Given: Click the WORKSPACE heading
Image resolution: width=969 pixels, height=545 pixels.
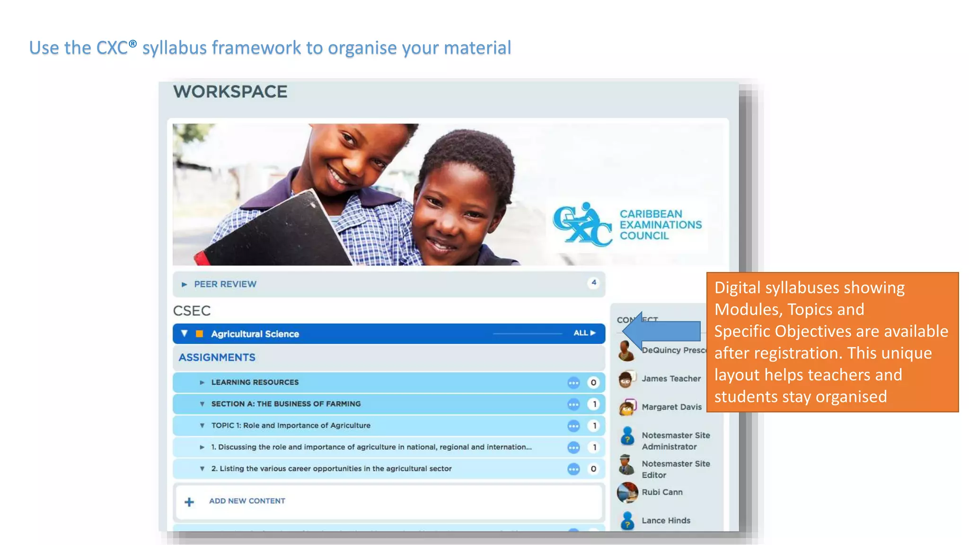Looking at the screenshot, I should tap(230, 92).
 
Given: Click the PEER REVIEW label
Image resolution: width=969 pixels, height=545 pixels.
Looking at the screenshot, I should tap(225, 284).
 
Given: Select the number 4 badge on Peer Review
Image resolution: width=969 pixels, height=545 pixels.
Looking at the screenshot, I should tap(593, 283).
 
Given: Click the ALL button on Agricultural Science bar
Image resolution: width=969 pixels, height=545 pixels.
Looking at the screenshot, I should tap(584, 333).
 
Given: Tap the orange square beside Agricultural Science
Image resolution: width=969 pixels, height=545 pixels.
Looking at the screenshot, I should tap(200, 334).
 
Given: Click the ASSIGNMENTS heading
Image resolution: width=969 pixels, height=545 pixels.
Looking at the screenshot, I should tap(217, 358).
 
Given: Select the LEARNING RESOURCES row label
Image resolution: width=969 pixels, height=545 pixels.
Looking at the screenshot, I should tap(255, 382).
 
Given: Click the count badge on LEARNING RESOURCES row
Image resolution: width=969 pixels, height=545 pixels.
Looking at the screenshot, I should tap(593, 383).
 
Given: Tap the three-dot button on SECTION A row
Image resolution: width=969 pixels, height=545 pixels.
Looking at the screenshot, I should tap(573, 404).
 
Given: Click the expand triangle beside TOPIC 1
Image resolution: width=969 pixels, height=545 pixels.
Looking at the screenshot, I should tap(202, 426).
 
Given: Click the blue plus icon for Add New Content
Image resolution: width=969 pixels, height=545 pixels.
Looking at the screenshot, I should tap(189, 502).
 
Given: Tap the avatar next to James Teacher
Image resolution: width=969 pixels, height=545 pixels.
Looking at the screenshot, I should tap(626, 379).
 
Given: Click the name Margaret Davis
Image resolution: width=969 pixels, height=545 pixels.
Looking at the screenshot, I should tap(671, 407).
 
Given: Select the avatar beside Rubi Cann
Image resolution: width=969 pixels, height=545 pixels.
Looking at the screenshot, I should tap(627, 492).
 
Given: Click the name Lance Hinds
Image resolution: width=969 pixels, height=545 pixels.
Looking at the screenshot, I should tap(666, 520).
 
